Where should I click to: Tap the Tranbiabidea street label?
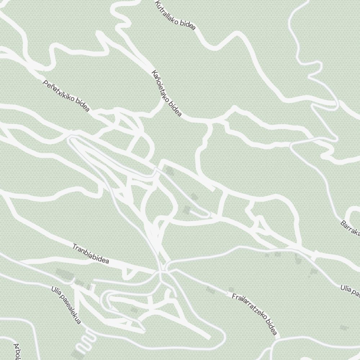(90, 254)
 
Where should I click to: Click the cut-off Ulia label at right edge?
(351, 291)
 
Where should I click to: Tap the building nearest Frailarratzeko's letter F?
(230, 290)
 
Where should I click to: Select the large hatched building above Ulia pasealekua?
(65, 275)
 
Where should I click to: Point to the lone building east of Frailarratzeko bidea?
(344, 328)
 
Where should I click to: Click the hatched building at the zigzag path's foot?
(77, 351)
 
